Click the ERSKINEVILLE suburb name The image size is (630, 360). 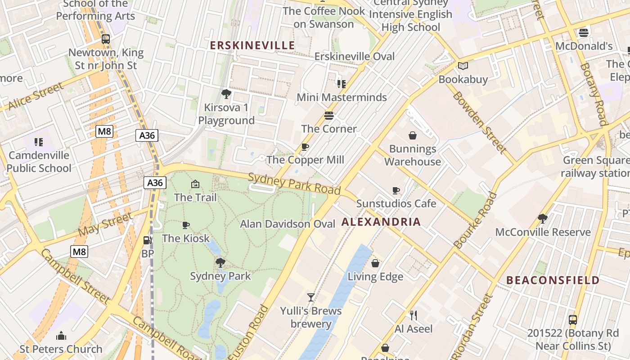pyautogui.click(x=252, y=45)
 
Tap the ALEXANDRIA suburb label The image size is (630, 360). pyautogui.click(x=381, y=222)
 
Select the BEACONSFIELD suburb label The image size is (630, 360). pyautogui.click(x=553, y=280)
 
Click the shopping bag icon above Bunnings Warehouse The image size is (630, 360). pyautogui.click(x=412, y=135)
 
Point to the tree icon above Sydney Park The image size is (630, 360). pyautogui.click(x=220, y=262)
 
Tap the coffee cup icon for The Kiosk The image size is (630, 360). pyautogui.click(x=185, y=225)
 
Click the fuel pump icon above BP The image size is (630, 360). pyautogui.click(x=147, y=241)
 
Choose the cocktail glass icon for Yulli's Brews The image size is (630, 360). pyautogui.click(x=310, y=297)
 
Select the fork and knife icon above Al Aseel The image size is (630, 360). pyautogui.click(x=414, y=315)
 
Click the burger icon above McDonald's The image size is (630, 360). pyautogui.click(x=584, y=32)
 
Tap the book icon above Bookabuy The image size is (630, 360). pyautogui.click(x=463, y=66)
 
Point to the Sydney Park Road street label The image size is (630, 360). pyautogui.click(x=294, y=183)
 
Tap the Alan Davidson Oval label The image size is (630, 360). pyautogui.click(x=288, y=224)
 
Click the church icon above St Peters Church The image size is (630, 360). pyautogui.click(x=61, y=336)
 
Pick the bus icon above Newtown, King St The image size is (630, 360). pyautogui.click(x=106, y=39)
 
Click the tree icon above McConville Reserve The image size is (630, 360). pyautogui.click(x=542, y=219)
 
